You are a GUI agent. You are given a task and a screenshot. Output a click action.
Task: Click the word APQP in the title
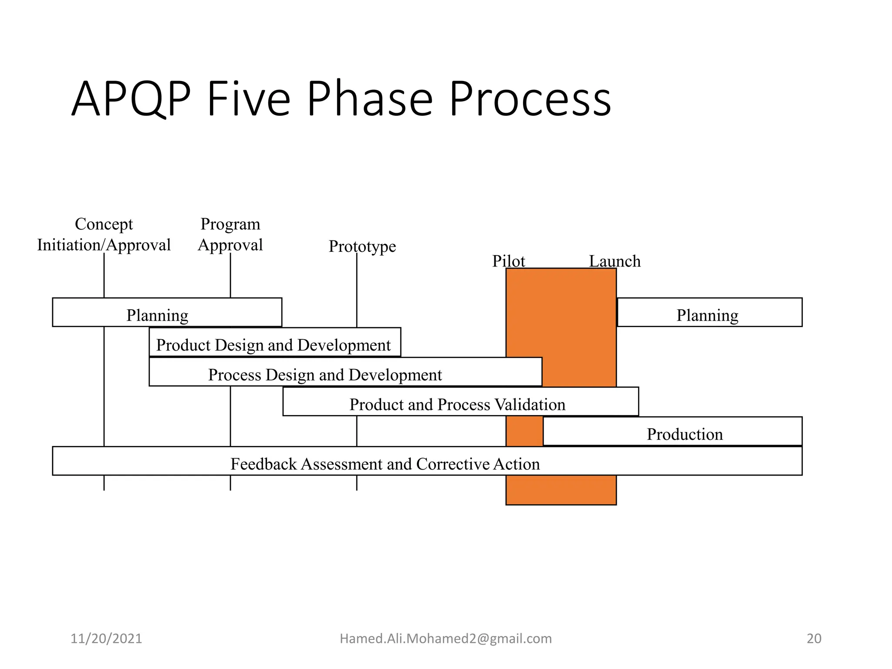coord(131,99)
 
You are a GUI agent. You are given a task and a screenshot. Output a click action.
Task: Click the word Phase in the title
coord(370,99)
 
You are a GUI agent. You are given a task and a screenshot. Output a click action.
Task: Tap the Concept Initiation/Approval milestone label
coord(104,235)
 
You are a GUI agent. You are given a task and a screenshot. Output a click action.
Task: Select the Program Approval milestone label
coord(230,235)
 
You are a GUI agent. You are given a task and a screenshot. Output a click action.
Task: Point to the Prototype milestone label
coord(362,247)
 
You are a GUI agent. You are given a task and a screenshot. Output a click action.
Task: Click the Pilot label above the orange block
coord(508,261)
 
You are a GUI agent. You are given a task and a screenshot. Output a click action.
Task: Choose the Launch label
coord(615,261)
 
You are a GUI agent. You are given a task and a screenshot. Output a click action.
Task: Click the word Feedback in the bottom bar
coord(264,464)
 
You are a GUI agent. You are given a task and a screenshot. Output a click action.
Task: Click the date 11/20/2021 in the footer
coord(106,639)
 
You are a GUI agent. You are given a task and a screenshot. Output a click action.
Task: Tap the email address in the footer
coord(446,639)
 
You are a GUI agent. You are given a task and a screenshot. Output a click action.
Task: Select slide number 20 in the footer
coord(814,639)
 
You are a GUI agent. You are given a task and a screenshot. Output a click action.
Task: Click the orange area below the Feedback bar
coord(561,490)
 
